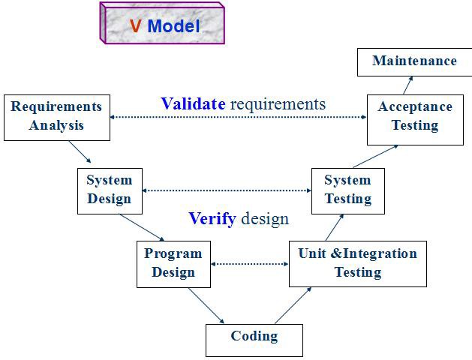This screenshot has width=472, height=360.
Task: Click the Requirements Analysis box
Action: coord(56,117)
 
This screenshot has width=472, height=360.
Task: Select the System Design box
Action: coord(109,190)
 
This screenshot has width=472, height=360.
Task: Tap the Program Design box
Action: coord(173,264)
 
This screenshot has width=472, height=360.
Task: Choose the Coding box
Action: coord(254,340)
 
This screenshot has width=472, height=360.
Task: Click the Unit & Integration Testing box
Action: coord(357,263)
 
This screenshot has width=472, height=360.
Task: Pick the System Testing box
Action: coord(347,190)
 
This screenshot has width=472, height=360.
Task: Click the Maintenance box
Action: coord(414,61)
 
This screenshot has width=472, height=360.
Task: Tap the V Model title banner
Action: coord(163,25)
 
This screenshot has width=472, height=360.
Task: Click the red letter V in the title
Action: coord(136,26)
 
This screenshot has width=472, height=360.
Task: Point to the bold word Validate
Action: coord(193,104)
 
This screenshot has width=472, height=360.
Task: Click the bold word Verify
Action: coord(212,219)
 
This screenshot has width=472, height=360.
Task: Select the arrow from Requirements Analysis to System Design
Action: coord(80,151)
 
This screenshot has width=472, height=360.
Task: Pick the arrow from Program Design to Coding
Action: coord(206,305)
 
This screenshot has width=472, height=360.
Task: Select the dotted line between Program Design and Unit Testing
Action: coord(250,264)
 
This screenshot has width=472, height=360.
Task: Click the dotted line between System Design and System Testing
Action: coord(227,190)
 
